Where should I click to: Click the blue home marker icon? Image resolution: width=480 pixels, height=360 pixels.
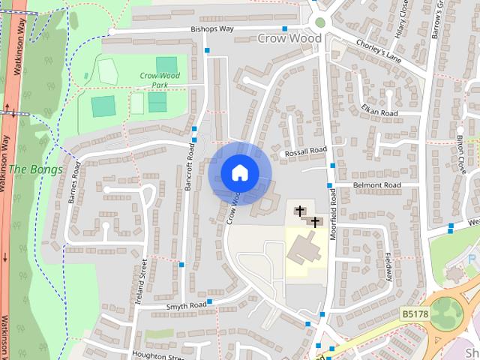tap(240, 173)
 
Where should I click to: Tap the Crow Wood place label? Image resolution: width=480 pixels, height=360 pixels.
tap(289, 37)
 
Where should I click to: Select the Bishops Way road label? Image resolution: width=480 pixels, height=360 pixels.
tap(212, 29)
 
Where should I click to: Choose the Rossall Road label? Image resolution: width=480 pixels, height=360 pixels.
tap(304, 152)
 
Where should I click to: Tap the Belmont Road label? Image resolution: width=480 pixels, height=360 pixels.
tap(377, 185)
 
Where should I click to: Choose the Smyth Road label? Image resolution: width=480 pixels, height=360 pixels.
tap(187, 306)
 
